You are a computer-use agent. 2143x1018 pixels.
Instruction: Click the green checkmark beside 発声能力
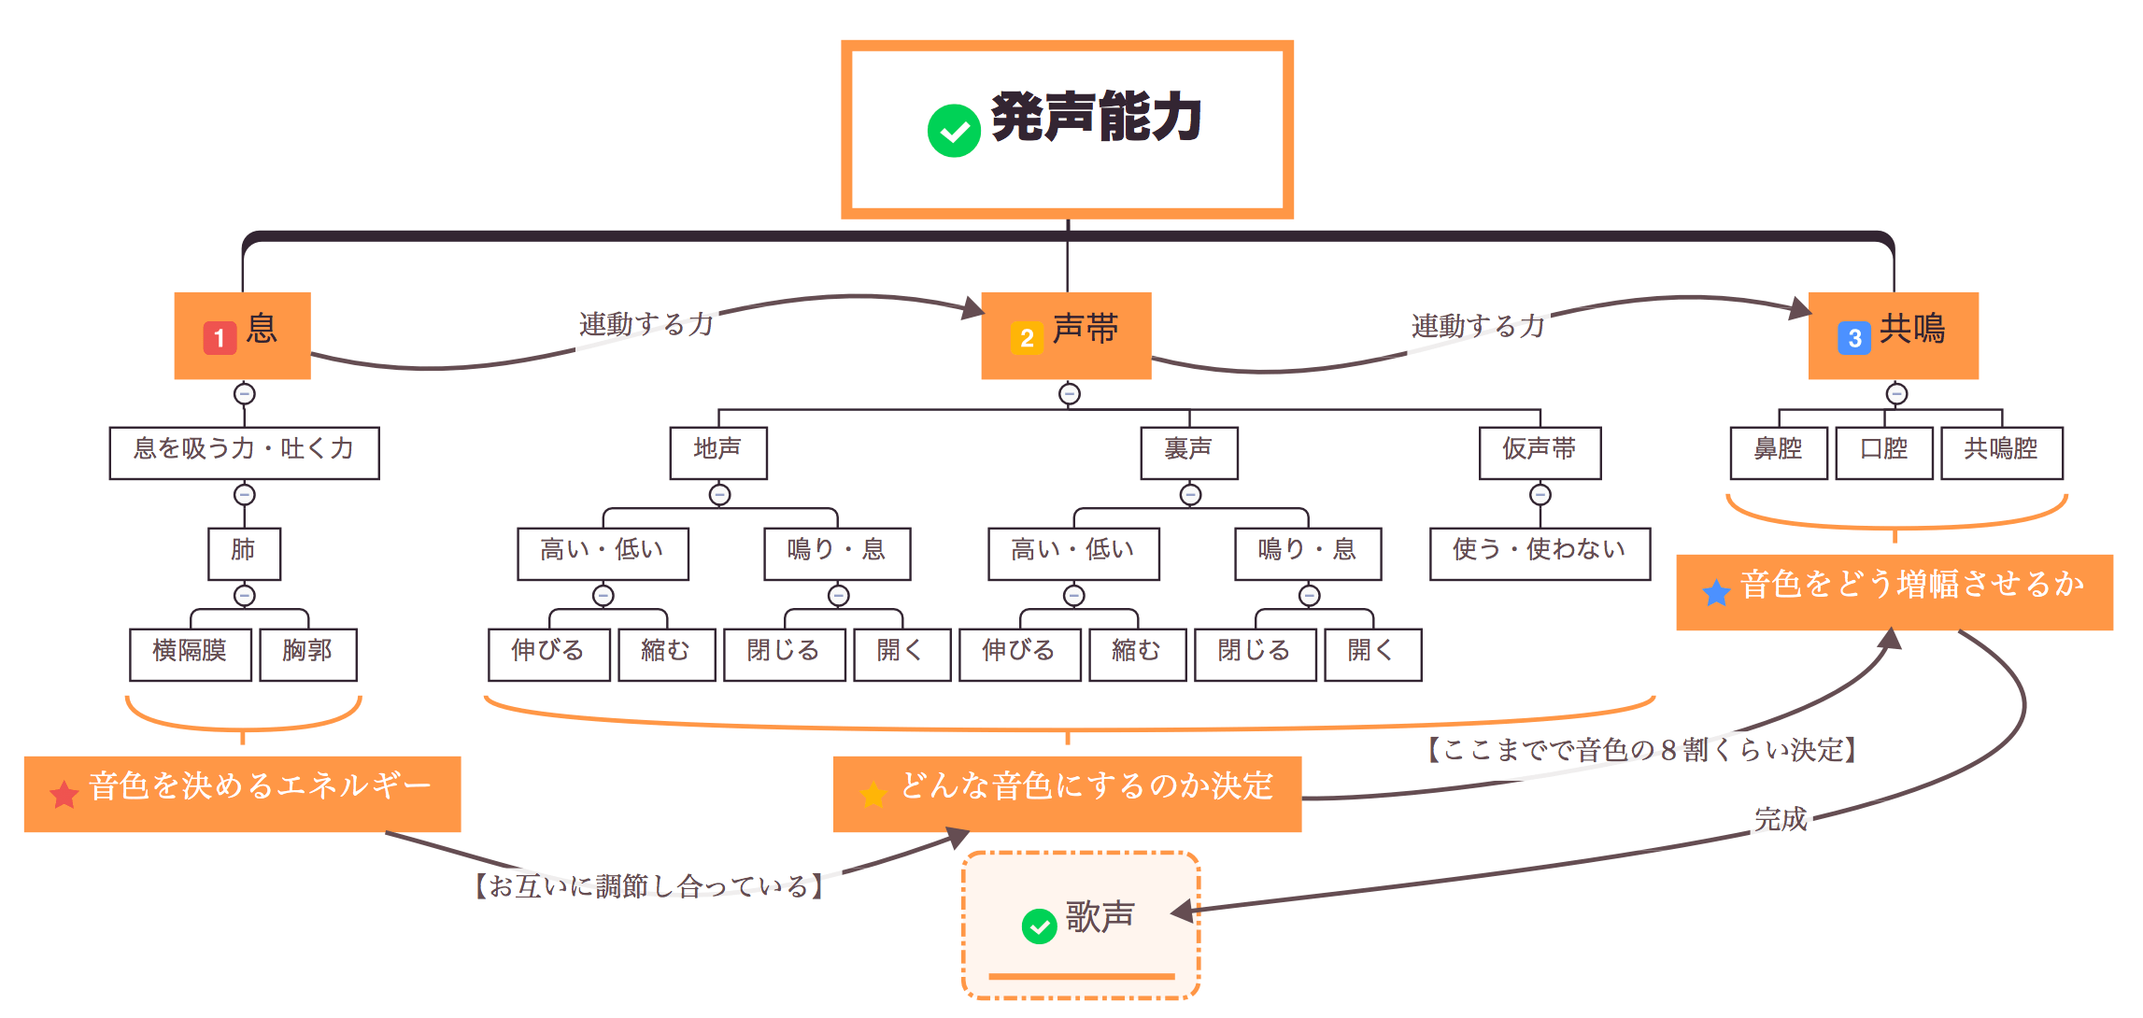954,131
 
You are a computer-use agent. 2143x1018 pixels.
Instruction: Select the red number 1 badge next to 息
219,337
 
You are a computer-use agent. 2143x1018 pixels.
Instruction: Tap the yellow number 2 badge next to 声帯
1026,337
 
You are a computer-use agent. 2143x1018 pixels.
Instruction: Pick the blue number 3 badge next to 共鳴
1853,337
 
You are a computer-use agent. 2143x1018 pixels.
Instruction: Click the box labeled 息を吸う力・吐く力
244,453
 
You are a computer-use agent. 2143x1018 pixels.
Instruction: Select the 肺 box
244,553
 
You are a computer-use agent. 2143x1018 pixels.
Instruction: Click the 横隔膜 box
191,654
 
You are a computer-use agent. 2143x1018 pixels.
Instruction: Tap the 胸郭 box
307,654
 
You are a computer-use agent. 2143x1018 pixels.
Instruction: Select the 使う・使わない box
1540,553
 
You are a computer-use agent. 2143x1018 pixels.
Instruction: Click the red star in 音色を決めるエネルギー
64,795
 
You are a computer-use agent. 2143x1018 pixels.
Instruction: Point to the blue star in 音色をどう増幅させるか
1716,592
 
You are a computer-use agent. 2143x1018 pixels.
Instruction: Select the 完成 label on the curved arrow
1780,820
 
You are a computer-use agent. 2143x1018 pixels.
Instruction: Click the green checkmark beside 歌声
1039,926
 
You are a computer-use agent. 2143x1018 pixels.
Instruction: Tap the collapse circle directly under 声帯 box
1069,394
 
